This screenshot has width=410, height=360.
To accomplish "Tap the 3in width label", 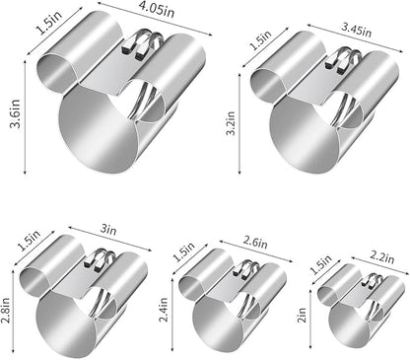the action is point(108,229).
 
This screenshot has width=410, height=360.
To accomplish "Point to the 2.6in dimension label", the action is point(255,242).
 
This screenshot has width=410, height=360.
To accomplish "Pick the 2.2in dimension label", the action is point(382,256).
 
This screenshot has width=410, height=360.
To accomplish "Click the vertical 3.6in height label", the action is point(15,113).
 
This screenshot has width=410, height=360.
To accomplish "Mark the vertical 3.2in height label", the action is point(231,123).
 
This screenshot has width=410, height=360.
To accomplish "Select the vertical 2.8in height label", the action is point(6,311).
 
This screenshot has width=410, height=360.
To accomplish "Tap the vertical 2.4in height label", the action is point(164,310).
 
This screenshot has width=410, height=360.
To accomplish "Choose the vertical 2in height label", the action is point(302,315).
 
